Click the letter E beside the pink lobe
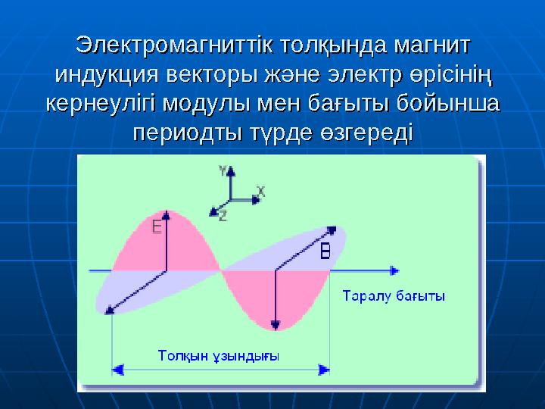pos(156,226)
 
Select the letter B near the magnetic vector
pos(325,251)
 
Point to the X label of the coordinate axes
pos(260,192)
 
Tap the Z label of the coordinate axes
pos(223,216)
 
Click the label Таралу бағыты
pos(394,296)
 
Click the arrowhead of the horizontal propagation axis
pos(394,270)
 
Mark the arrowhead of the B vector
pos(332,229)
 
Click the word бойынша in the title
pos(450,103)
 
